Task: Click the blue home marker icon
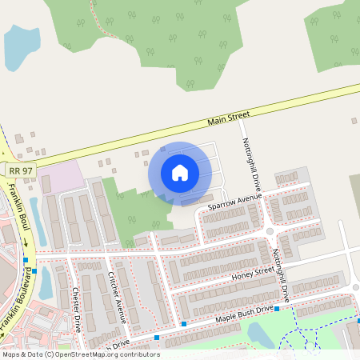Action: click(180, 172)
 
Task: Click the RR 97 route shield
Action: click(21, 171)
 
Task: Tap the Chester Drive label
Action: click(76, 310)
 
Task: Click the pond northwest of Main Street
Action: click(20, 46)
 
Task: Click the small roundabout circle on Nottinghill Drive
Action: click(270, 231)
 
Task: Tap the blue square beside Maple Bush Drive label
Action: click(277, 309)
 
